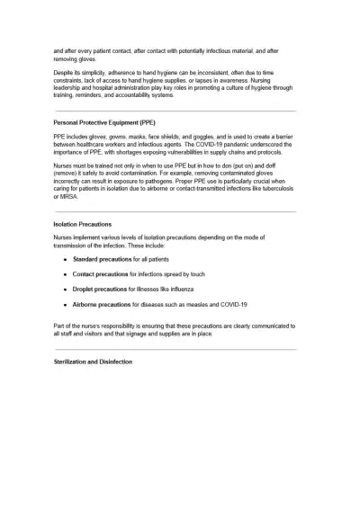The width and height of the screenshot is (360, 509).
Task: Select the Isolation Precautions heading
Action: pos(83,224)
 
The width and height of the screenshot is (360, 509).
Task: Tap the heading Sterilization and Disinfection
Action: pos(93,362)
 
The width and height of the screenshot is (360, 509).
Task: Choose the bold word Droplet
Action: pos(85,289)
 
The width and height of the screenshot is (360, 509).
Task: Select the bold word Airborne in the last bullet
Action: pos(87,304)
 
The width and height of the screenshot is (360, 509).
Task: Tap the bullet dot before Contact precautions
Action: pos(65,274)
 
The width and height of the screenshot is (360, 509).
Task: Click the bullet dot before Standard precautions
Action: pos(65,259)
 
